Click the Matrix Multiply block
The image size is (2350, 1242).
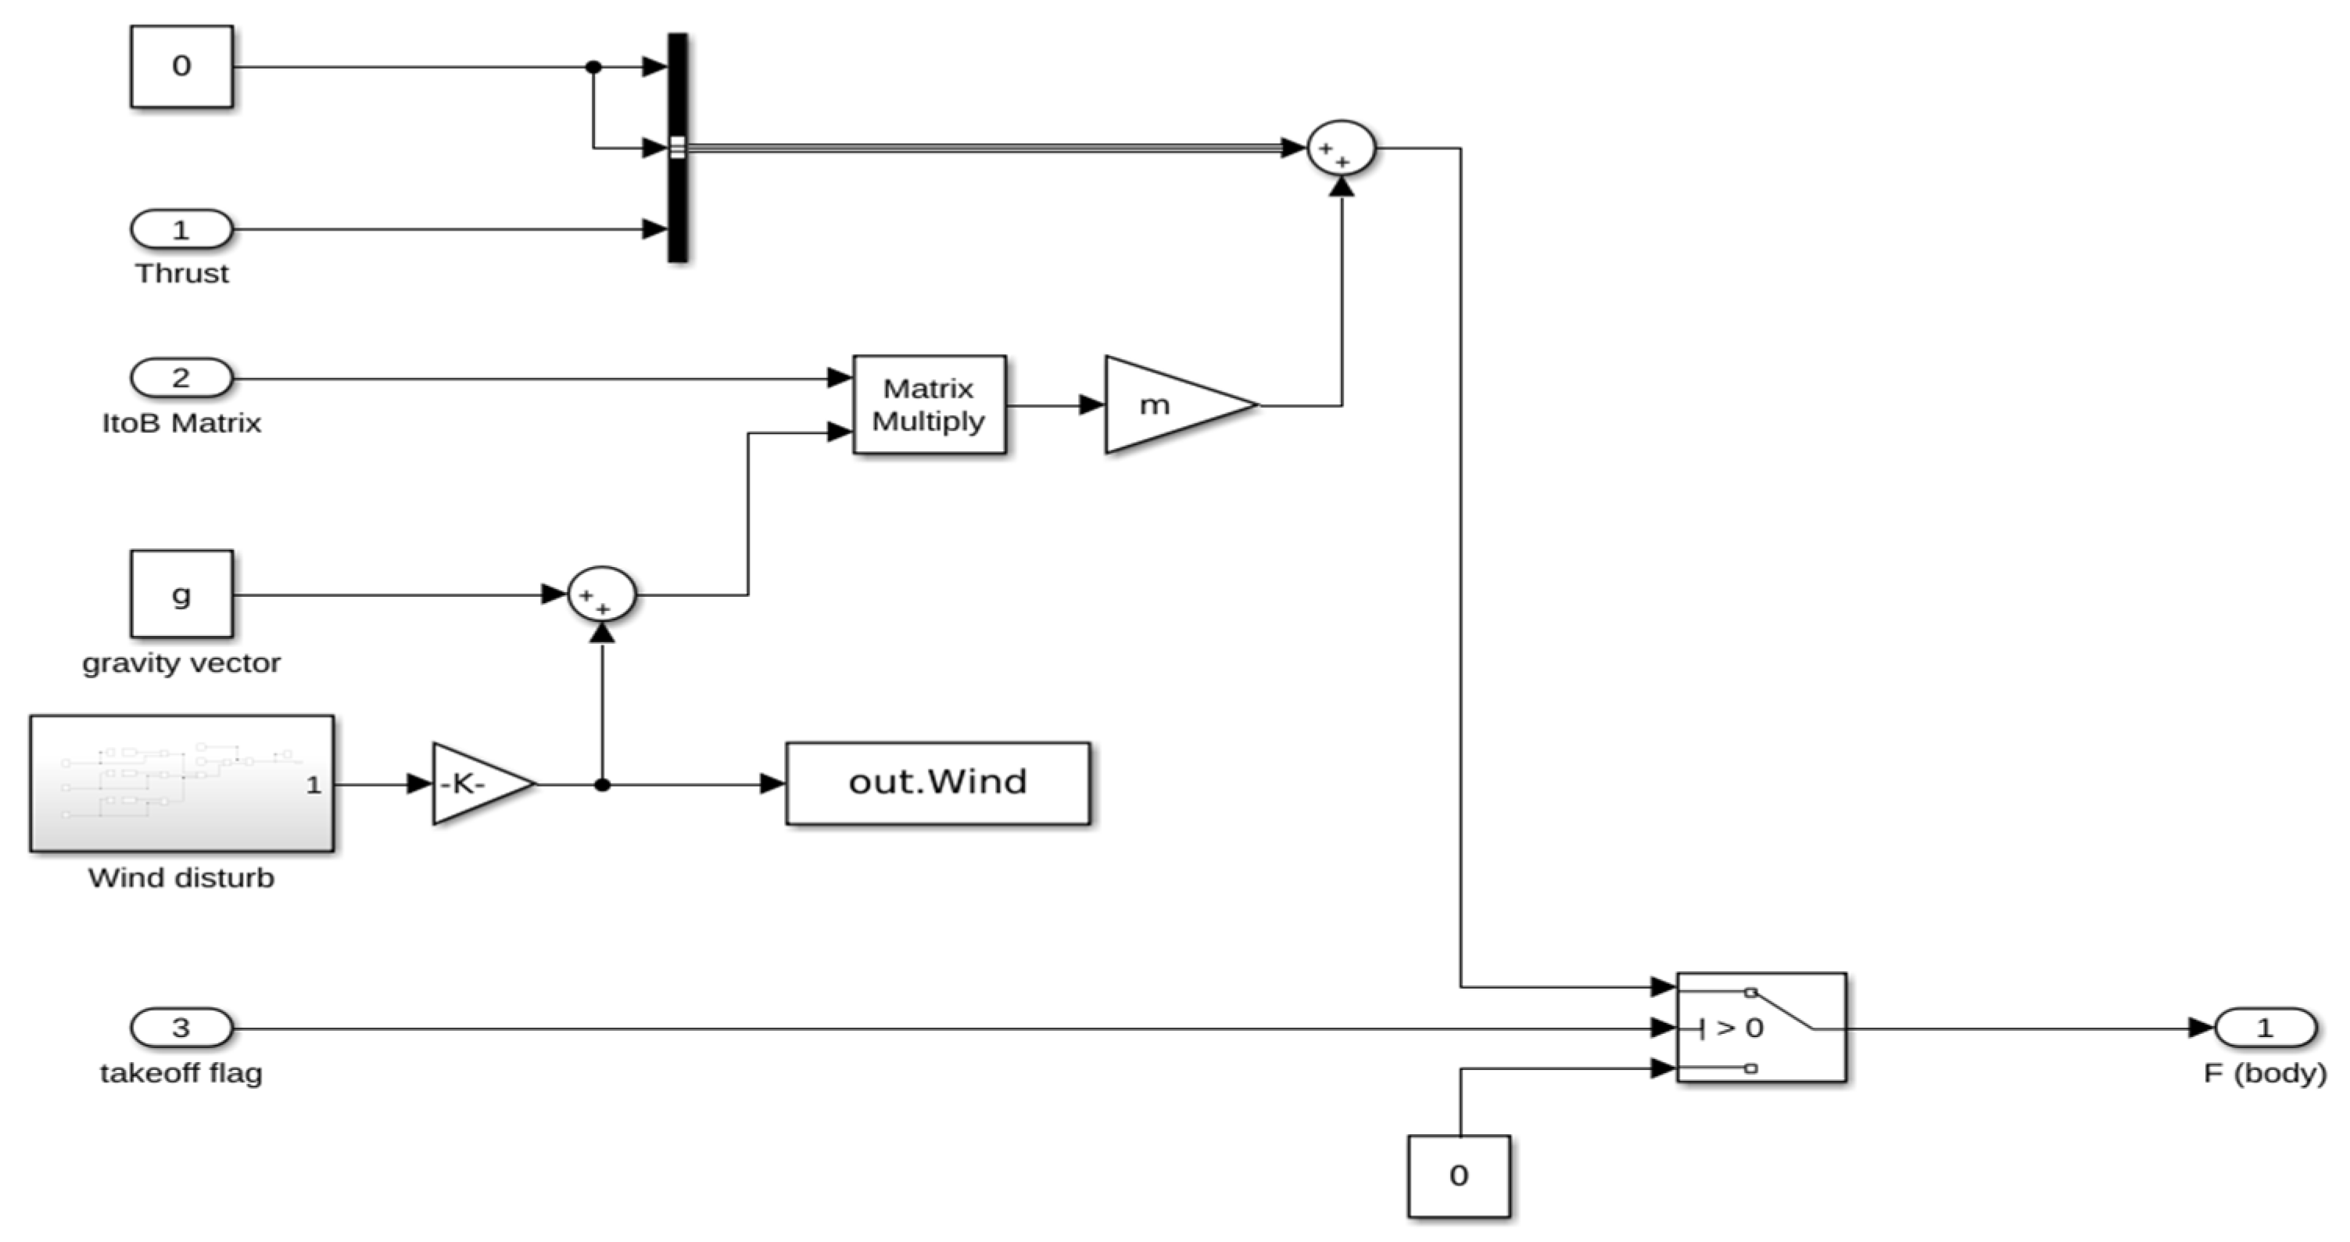coord(929,404)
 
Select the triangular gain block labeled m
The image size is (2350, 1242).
coord(1168,404)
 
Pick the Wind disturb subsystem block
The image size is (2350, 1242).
coord(181,783)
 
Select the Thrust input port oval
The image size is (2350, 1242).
coord(181,229)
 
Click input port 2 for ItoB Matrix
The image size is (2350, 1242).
coord(181,377)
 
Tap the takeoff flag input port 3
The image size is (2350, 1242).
coord(181,1028)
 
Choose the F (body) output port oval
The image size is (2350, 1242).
coord(2264,1028)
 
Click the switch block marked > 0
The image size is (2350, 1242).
coord(1761,1028)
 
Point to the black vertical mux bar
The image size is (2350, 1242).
coord(678,148)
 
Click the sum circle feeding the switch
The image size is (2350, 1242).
coord(1341,148)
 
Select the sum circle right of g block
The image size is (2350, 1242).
coord(602,594)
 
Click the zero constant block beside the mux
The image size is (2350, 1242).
coord(181,66)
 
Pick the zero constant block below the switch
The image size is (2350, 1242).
coord(1458,1176)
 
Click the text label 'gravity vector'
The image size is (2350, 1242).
coord(181,662)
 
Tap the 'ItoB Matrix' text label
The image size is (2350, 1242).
coord(181,422)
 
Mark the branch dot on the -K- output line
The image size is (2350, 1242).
coord(602,784)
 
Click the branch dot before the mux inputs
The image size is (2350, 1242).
coord(593,66)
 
